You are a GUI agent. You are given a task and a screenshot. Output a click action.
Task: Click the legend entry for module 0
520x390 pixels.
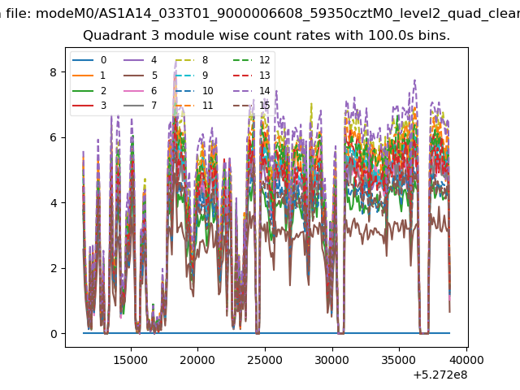tap(89, 60)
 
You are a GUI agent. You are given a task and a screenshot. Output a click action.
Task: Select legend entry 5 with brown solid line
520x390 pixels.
tap(141, 76)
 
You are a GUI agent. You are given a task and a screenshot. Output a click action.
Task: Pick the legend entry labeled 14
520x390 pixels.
tap(252, 90)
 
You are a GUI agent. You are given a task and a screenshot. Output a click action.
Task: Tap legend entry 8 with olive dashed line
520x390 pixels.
tap(192, 60)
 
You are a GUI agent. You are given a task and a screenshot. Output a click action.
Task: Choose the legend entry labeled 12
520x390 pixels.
tap(252, 60)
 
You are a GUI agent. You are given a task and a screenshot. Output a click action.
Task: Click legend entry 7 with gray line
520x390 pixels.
tap(141, 106)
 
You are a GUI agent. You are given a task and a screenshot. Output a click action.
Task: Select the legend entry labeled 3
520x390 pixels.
tap(89, 106)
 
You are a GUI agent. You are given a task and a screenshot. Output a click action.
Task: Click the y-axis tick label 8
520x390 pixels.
tap(54, 72)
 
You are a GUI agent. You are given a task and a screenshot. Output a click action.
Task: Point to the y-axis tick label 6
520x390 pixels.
tap(54, 137)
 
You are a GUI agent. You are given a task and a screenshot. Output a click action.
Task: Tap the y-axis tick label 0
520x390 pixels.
tap(54, 334)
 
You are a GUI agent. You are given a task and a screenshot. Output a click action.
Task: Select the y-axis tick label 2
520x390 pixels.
tap(54, 268)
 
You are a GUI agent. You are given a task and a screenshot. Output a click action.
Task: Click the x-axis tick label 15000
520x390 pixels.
tap(131, 360)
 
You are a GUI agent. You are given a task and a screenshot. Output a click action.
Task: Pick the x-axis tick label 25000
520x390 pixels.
tap(265, 360)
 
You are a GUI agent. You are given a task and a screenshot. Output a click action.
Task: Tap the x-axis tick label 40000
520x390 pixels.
tap(466, 360)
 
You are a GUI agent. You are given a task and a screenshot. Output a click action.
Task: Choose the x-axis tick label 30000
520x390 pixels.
tap(332, 360)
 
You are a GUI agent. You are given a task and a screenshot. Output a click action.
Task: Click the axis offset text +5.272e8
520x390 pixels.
tap(440, 375)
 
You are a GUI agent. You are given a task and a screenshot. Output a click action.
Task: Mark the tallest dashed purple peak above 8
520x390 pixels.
tap(175, 62)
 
